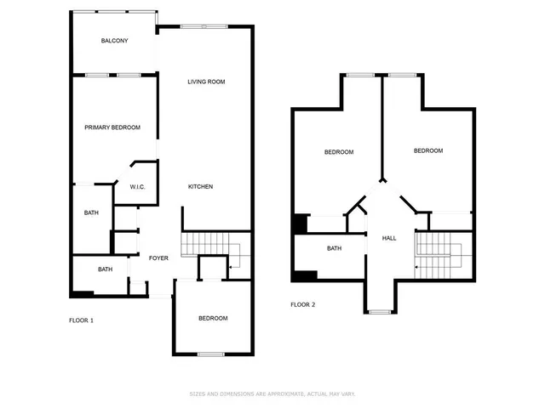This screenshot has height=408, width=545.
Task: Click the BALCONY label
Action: coord(114,41)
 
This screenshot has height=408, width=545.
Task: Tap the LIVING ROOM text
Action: coord(206,82)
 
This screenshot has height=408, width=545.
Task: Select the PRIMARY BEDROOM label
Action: coord(112,127)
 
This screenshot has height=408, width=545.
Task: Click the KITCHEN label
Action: coord(200,187)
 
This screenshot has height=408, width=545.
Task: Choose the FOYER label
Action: coord(159,258)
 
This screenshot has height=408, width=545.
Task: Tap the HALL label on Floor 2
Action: coord(389,238)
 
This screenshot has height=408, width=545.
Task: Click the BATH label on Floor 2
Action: coord(334,249)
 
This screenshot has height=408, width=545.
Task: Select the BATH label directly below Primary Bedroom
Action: coord(90,213)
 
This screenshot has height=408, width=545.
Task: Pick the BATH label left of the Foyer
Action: coord(105,269)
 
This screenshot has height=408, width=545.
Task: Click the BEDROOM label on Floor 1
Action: coord(213,319)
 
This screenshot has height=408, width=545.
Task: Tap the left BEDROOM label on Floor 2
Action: coord(338,152)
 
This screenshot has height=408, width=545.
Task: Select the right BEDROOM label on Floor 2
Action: coord(427,150)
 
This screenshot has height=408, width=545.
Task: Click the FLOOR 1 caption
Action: coord(81,320)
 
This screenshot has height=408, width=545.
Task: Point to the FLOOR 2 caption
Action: coord(302,304)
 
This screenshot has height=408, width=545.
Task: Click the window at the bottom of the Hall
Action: coord(381,312)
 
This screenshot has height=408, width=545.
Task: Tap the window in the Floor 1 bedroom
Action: coord(210,354)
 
